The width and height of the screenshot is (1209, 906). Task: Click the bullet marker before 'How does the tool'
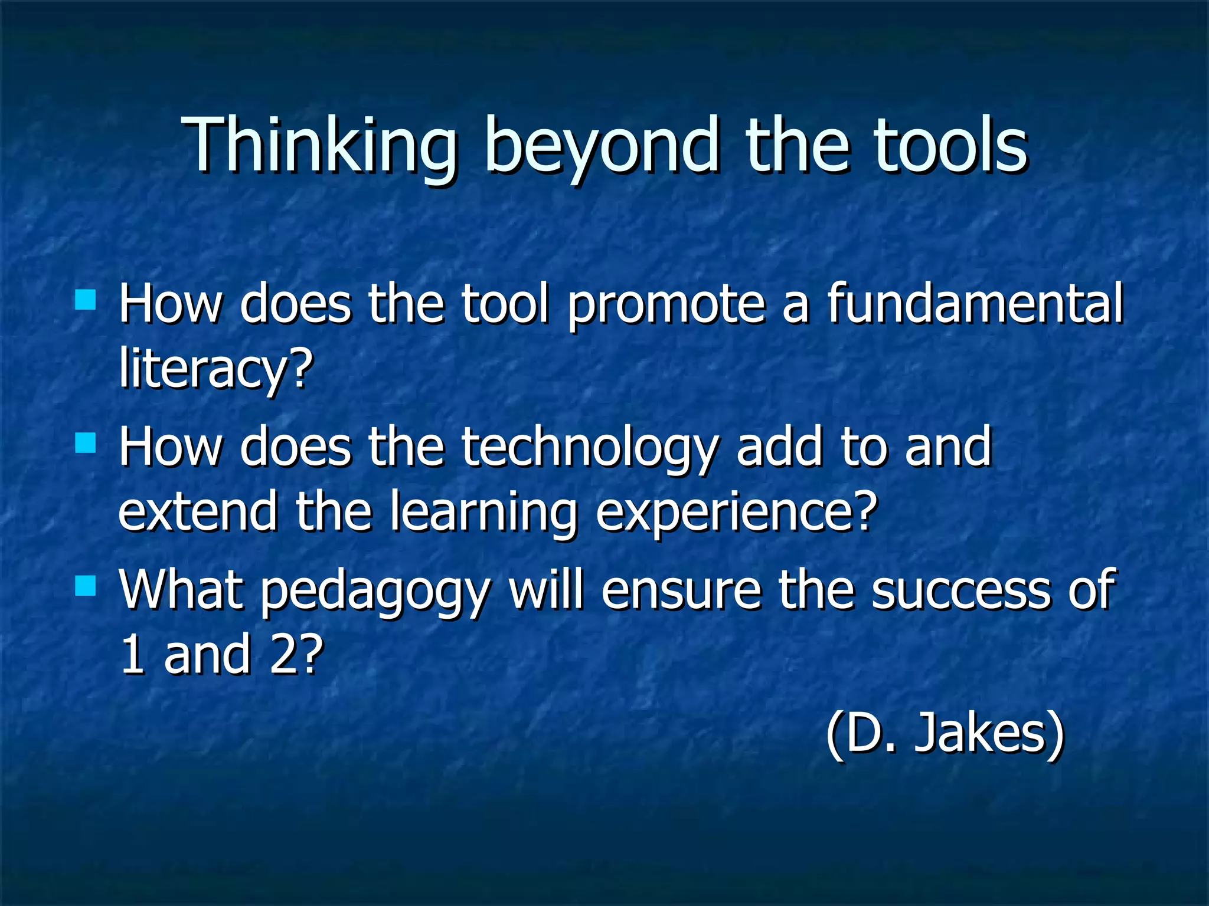pyautogui.click(x=86, y=299)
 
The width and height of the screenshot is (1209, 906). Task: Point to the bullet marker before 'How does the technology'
pyautogui.click(x=86, y=442)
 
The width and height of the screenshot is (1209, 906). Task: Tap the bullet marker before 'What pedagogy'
pyautogui.click(x=86, y=586)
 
